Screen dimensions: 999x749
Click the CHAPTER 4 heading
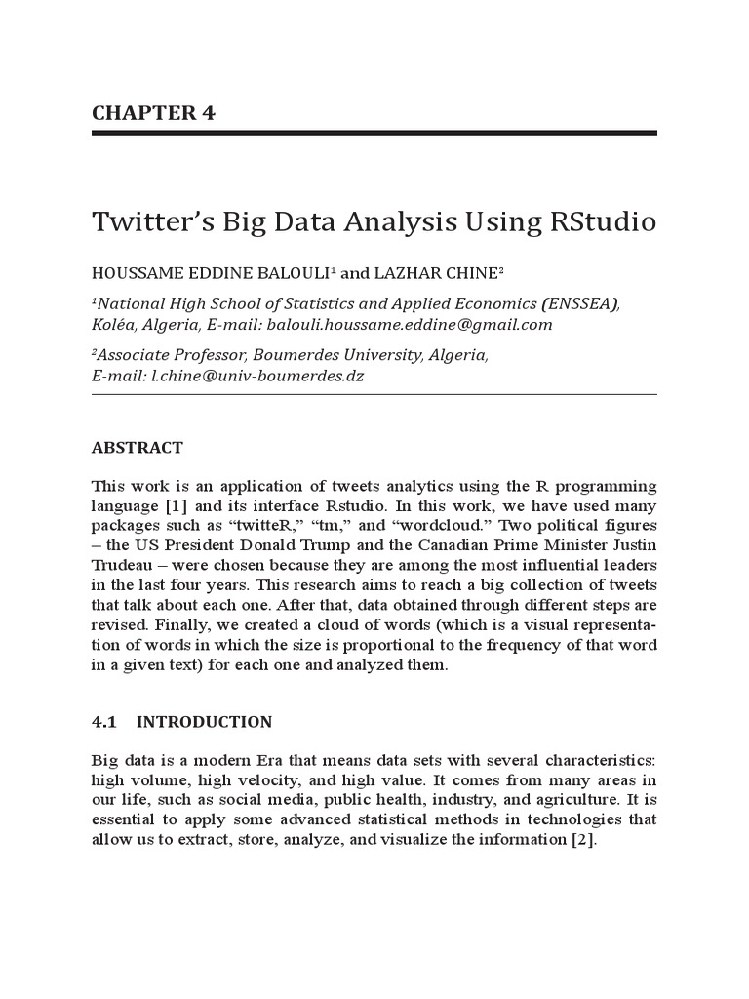click(153, 112)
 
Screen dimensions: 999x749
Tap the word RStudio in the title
click(604, 222)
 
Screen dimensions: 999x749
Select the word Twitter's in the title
click(148, 222)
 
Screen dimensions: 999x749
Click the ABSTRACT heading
click(137, 448)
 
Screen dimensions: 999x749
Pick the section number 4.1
click(103, 722)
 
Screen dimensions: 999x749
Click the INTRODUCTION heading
click(204, 722)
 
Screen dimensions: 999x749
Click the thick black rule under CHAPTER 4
click(374, 132)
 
